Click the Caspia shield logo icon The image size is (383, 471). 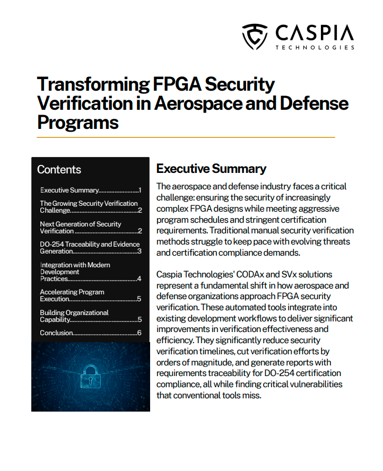click(255, 36)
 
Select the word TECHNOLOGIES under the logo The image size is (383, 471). click(315, 47)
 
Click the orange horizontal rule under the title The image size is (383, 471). click(186, 137)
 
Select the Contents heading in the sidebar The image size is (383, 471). click(59, 170)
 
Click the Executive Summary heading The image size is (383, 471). click(211, 169)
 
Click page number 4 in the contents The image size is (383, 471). click(139, 278)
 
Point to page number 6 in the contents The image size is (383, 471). click(139, 333)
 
